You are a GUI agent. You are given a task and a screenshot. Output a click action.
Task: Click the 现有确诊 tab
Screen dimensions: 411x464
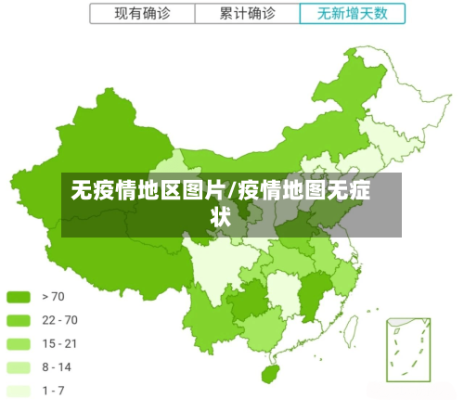click(142, 14)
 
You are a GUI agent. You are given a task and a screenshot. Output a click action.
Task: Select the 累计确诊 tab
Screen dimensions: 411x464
click(247, 14)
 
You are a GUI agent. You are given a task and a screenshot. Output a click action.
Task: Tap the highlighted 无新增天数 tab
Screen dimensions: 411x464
click(354, 14)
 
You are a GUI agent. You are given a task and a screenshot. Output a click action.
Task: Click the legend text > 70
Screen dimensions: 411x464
click(53, 297)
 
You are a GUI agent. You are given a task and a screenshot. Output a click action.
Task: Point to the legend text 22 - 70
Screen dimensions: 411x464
click(58, 321)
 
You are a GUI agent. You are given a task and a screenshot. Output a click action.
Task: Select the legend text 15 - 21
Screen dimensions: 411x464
click(58, 344)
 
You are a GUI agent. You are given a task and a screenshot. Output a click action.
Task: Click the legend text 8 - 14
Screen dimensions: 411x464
click(57, 367)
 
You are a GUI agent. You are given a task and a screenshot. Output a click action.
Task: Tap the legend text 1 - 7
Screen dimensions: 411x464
click(54, 391)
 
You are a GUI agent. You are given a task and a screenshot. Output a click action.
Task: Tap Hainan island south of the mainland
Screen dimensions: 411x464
click(270, 373)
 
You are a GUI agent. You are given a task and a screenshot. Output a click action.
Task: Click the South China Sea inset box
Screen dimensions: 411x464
click(408, 348)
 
